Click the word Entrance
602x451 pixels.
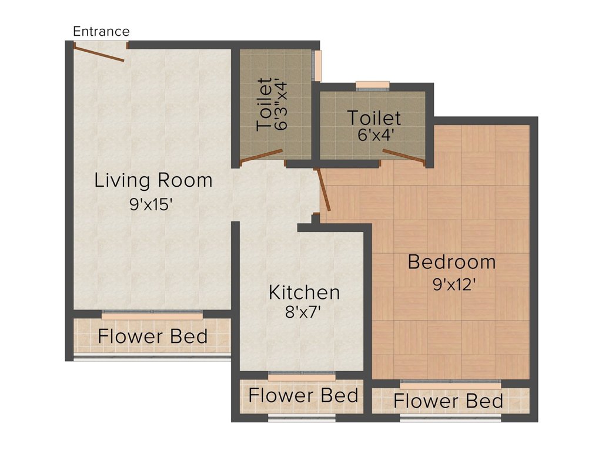click(101, 31)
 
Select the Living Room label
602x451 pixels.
click(153, 181)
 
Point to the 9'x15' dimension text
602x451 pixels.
click(149, 204)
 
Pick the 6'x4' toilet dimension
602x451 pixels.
click(374, 135)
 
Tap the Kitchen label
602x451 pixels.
click(304, 292)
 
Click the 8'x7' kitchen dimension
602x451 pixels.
click(303, 312)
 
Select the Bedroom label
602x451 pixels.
click(451, 262)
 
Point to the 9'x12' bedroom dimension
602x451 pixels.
click(454, 285)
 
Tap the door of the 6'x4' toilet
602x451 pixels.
click(404, 157)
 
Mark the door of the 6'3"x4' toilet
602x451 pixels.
click(262, 156)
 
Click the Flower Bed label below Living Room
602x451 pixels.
click(152, 336)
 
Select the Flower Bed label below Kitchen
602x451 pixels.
click(303, 395)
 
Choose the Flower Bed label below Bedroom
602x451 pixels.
click(448, 401)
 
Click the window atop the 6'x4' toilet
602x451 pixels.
click(372, 86)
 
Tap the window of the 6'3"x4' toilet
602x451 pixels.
click(316, 66)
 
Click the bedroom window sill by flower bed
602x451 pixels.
click(450, 386)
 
